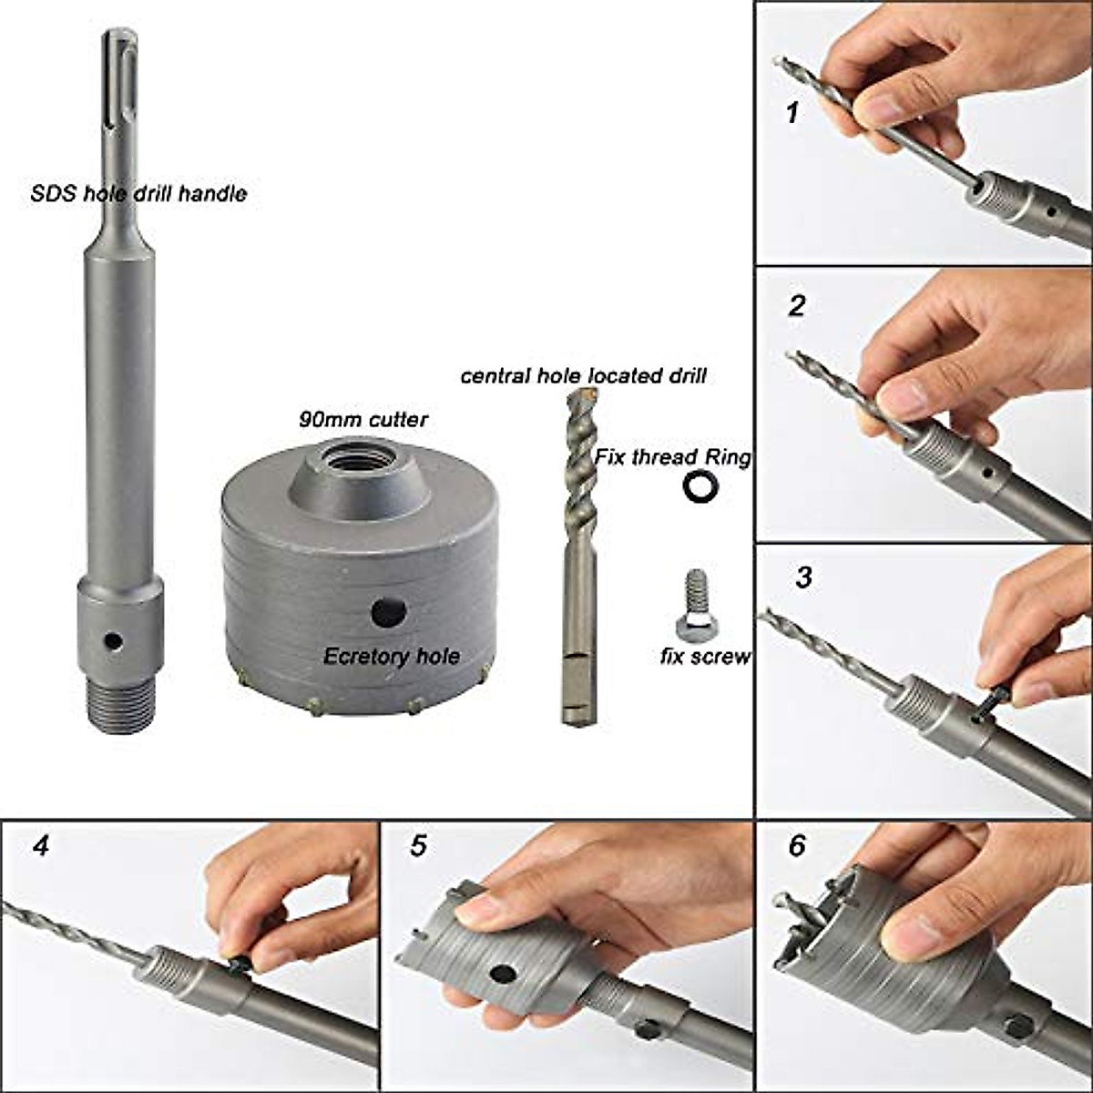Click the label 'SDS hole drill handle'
click(x=138, y=193)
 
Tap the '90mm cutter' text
click(x=363, y=420)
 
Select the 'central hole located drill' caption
click(x=583, y=375)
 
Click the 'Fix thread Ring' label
click(x=673, y=457)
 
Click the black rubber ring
click(x=700, y=487)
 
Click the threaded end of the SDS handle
click(x=119, y=707)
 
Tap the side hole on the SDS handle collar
click(x=113, y=641)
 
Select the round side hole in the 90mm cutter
click(x=388, y=612)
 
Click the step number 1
click(x=792, y=114)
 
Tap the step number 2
click(x=797, y=305)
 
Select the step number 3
click(x=803, y=577)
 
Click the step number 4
click(x=40, y=845)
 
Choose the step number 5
click(x=417, y=845)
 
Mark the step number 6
click(x=797, y=845)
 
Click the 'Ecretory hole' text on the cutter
click(x=392, y=656)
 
